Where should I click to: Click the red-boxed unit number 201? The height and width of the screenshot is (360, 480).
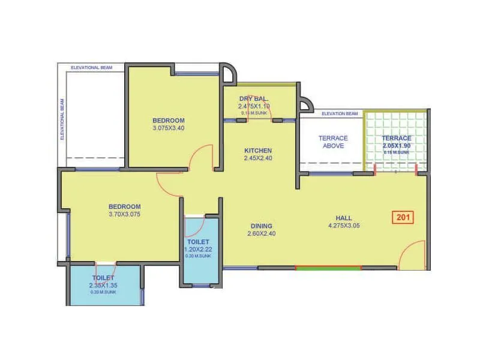point(403,217)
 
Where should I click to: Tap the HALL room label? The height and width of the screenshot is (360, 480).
point(344,218)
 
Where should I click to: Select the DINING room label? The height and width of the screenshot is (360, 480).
point(262,226)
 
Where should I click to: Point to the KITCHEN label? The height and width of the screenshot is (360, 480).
point(258,151)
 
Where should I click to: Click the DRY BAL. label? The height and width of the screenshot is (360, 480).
point(253,98)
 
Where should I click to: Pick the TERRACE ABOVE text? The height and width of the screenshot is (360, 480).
point(332,142)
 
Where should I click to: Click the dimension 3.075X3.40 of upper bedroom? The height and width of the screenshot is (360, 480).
point(168,127)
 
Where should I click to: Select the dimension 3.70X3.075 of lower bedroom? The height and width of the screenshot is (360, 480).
point(124,214)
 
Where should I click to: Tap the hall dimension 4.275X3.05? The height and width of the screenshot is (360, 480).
point(344,226)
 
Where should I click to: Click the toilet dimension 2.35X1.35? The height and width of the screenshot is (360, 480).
point(103,286)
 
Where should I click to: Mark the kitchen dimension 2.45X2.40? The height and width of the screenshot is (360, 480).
point(258,158)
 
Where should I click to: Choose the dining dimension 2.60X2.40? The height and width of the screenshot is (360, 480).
point(262,234)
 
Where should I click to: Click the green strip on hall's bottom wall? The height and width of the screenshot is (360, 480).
point(328,268)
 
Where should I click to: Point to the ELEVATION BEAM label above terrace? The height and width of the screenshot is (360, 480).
point(340,113)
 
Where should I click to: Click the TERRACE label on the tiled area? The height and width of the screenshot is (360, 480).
point(397,138)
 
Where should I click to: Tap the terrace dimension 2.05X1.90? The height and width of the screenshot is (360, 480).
point(397,145)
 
